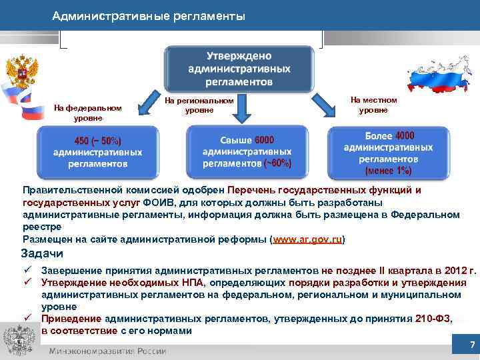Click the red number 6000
pyautogui.click(x=263, y=139)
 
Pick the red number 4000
pyautogui.click(x=405, y=136)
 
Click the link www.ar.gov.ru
pyautogui.click(x=307, y=239)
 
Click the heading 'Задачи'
pyautogui.click(x=42, y=253)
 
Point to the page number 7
pyautogui.click(x=472, y=345)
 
